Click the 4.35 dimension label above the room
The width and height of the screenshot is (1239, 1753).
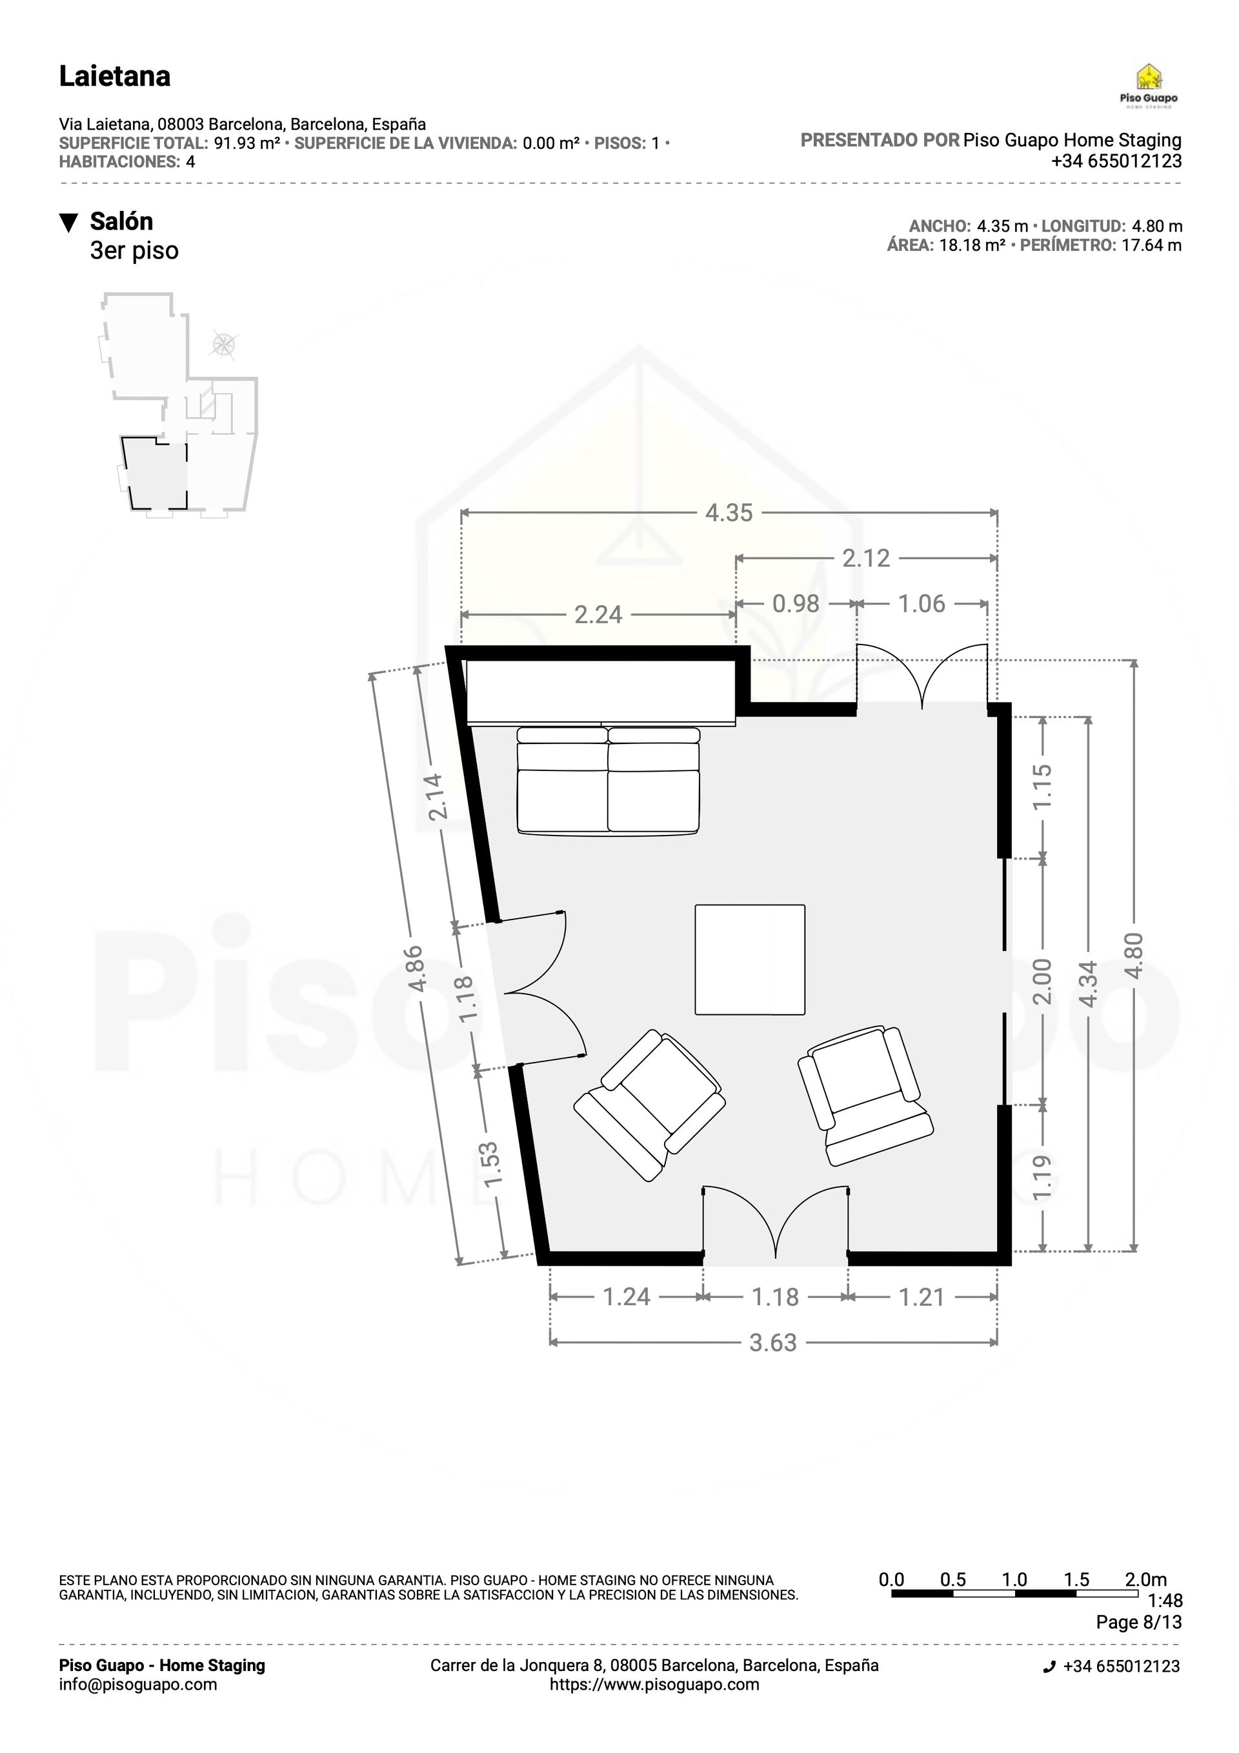(729, 512)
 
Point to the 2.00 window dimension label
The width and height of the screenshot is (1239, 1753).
(1043, 983)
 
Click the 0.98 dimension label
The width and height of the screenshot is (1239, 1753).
(796, 603)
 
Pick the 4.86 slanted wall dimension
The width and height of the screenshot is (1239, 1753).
(416, 968)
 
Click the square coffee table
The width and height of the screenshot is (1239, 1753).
(749, 959)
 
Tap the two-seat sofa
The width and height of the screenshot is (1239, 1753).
(608, 780)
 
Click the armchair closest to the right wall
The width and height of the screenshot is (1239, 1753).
(865, 1095)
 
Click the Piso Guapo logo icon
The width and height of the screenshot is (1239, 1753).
(1148, 77)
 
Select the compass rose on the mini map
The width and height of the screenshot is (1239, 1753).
(224, 345)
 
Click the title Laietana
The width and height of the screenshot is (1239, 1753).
(115, 76)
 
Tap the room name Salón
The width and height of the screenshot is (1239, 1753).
(121, 221)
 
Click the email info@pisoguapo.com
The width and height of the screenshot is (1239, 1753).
(137, 1684)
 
